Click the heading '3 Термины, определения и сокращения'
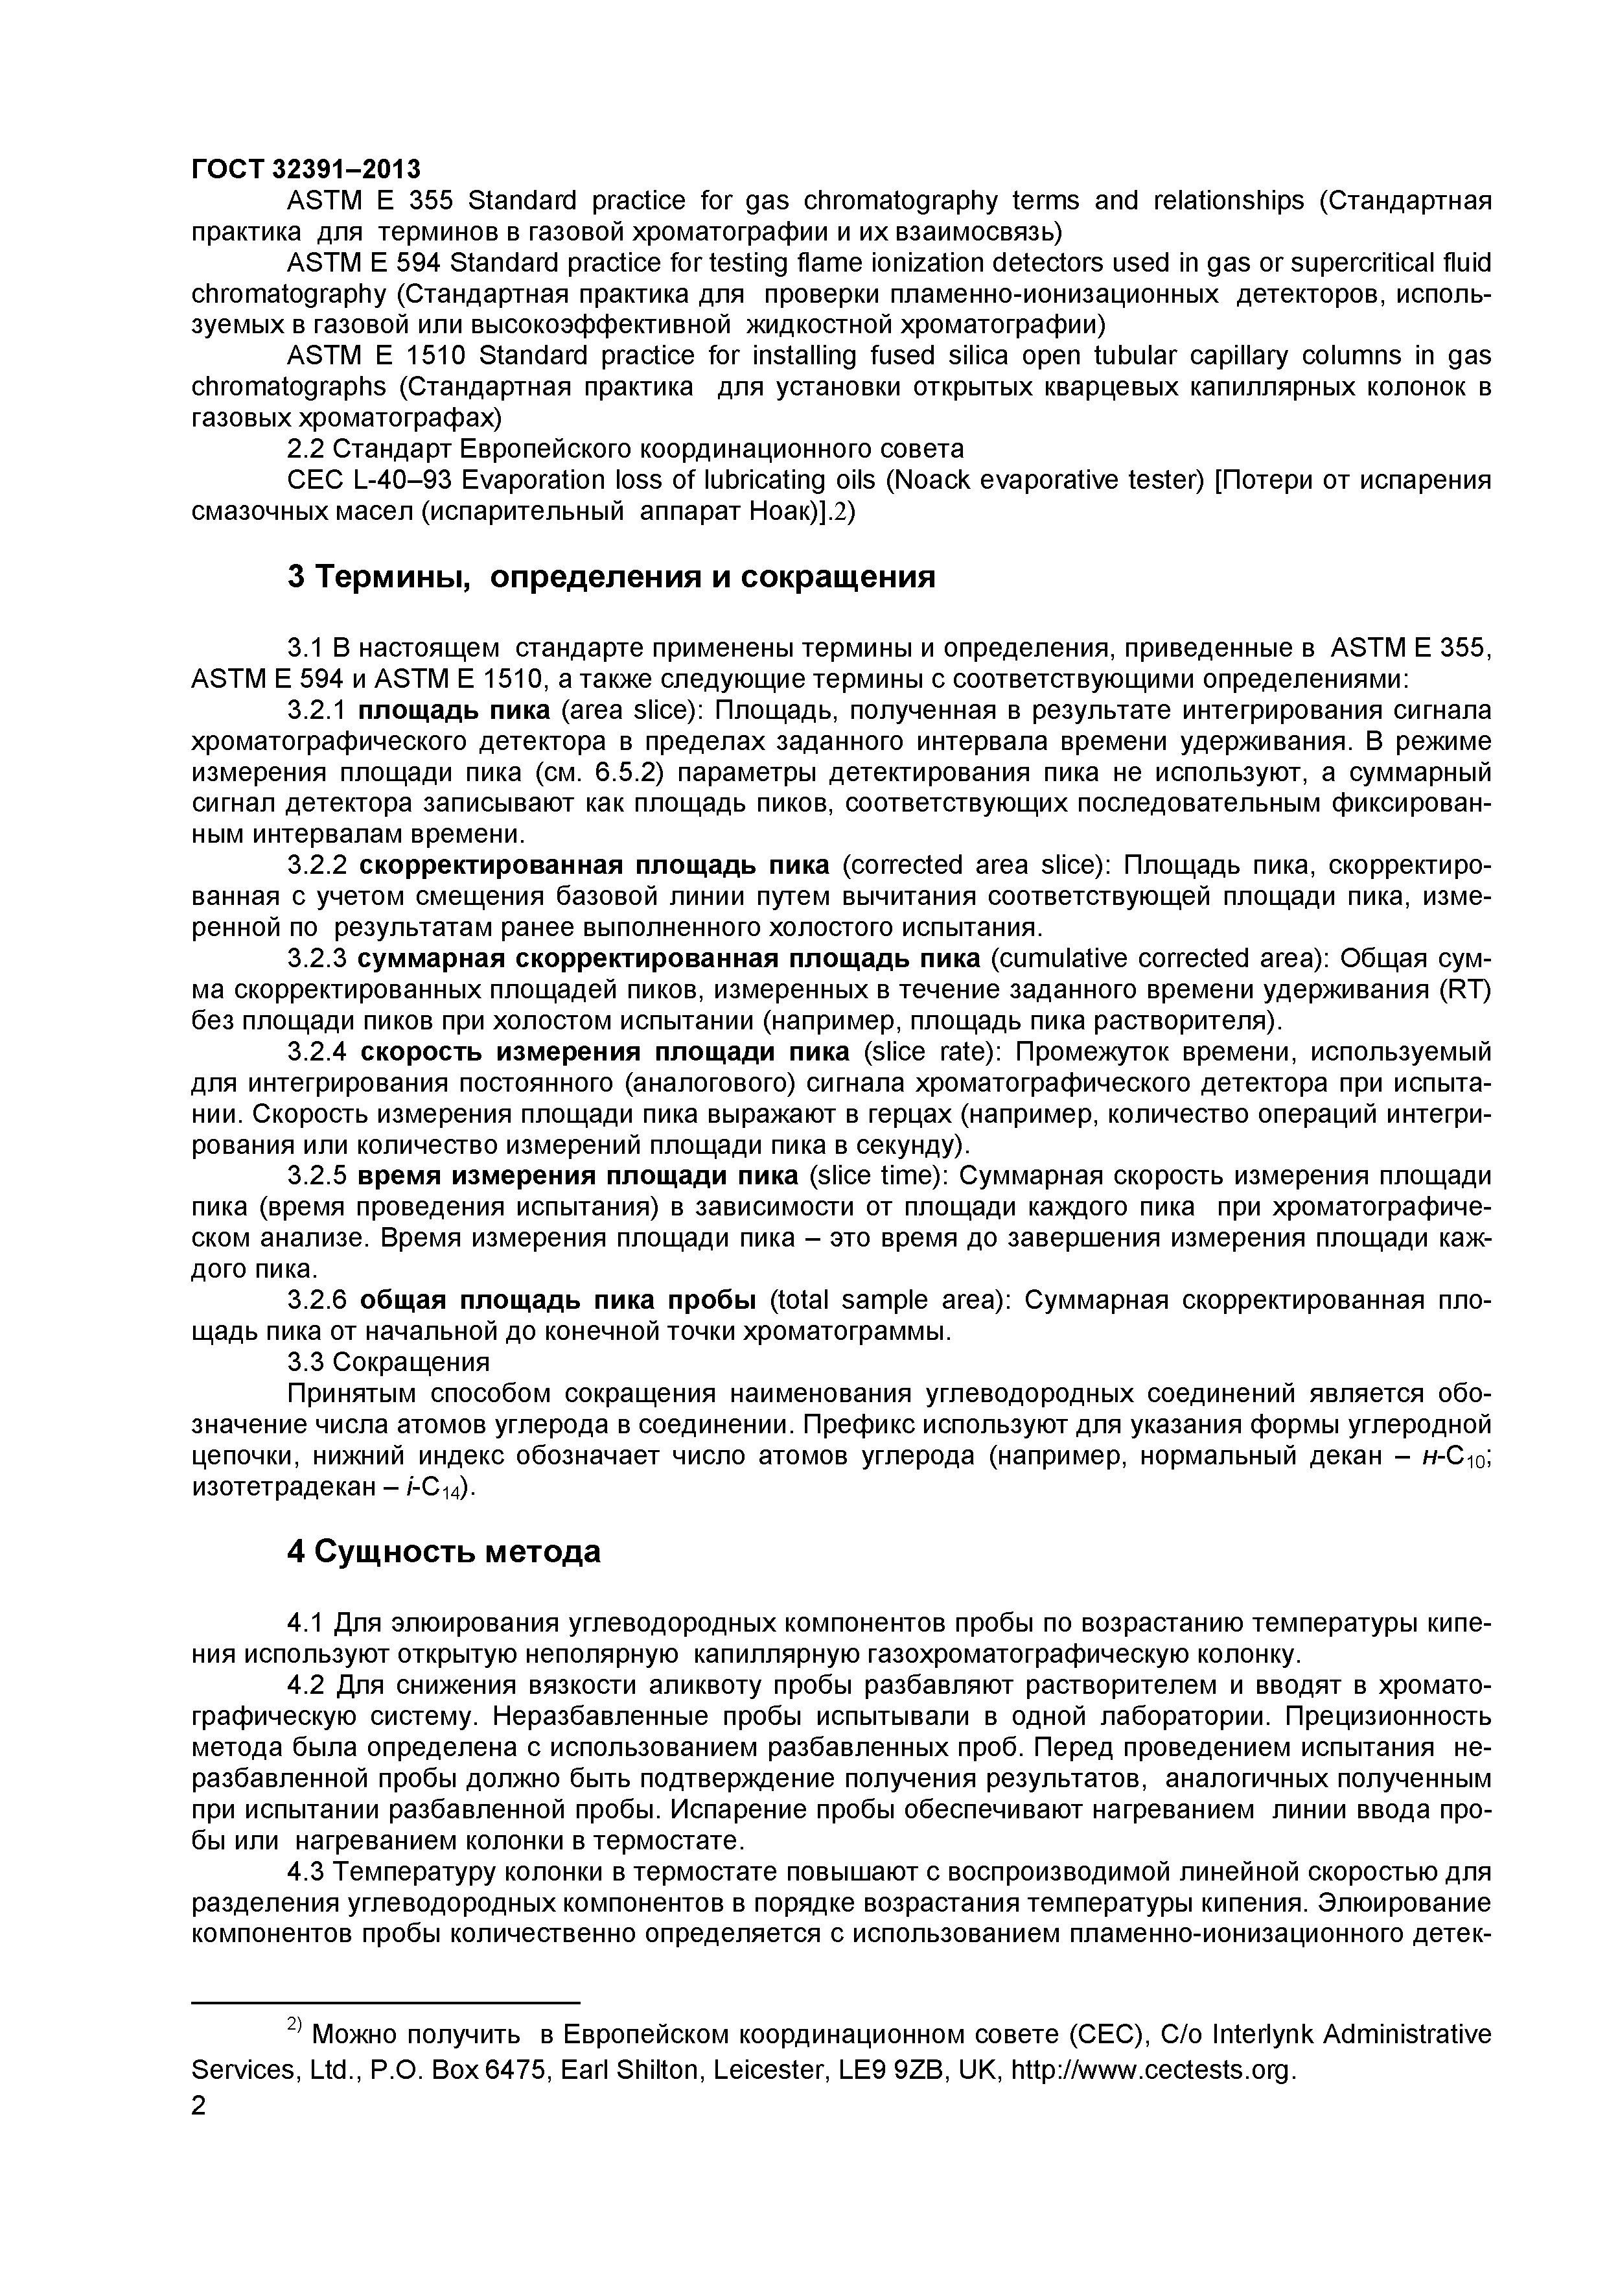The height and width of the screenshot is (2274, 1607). tap(611, 576)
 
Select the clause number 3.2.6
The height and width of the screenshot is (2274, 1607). tap(317, 1300)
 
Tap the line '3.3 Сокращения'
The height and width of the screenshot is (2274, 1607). tap(388, 1362)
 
